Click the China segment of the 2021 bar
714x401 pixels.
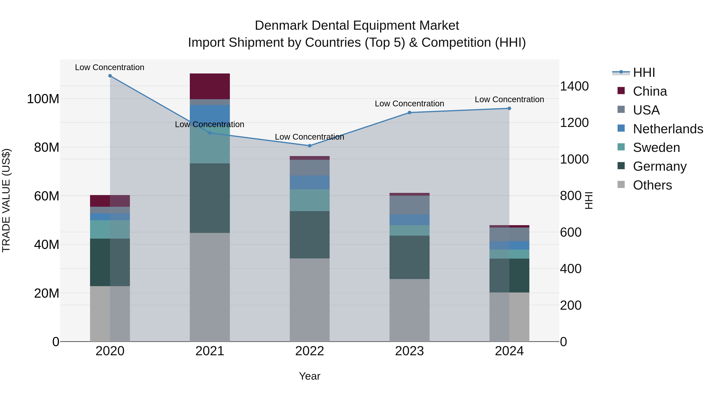point(210,86)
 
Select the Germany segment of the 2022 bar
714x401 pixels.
point(309,235)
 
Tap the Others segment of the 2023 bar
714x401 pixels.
point(409,310)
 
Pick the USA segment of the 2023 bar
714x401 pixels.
point(409,205)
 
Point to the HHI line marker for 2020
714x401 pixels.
point(110,76)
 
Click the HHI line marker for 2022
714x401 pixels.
point(310,146)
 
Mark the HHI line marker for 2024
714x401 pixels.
point(509,109)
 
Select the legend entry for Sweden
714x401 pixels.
point(656,148)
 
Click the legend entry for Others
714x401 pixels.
point(652,185)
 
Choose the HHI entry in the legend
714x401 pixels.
point(644,72)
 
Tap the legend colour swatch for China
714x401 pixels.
point(621,91)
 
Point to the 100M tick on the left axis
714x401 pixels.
point(43,99)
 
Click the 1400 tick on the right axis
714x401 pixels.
point(574,86)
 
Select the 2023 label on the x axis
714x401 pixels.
point(409,351)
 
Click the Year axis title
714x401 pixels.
point(309,376)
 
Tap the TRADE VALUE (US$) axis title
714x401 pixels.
point(6,200)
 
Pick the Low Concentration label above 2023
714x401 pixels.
point(409,104)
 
